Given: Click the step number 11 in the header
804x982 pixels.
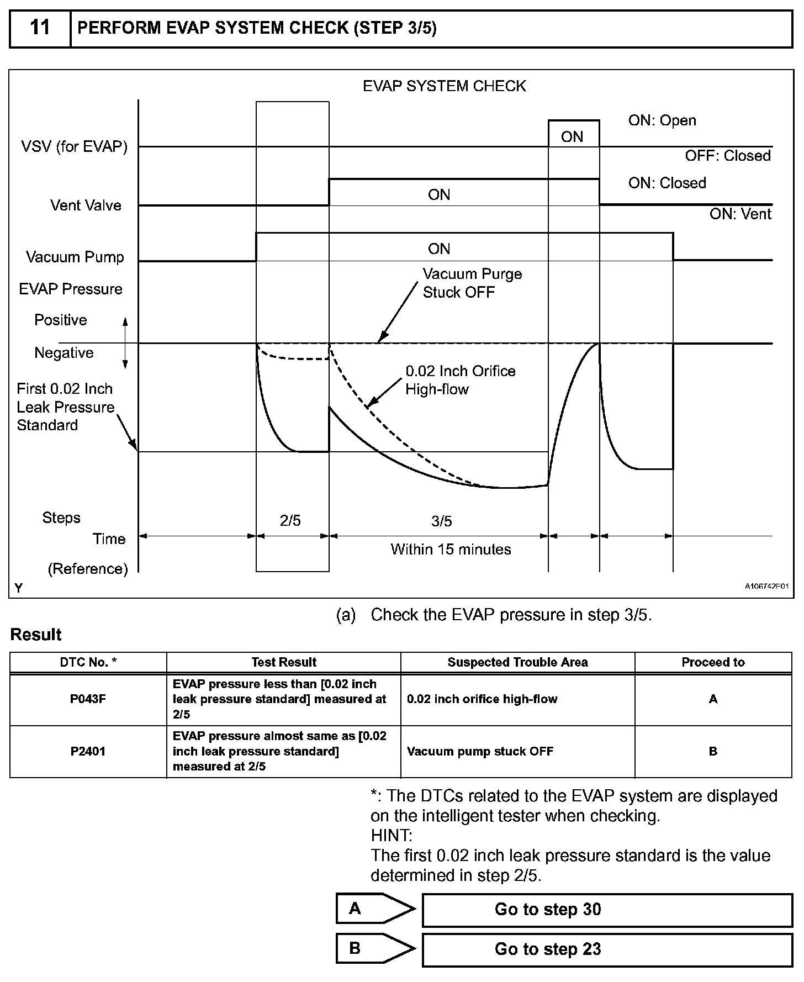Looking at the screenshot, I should [40, 28].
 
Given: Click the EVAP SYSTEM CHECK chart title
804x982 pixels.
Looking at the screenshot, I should [444, 86].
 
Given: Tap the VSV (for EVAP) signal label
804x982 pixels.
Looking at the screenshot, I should [74, 147].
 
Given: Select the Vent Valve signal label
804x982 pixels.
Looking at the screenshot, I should [86, 205].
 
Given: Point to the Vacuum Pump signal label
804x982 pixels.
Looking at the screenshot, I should [75, 257].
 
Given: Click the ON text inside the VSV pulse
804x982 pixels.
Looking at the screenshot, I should [572, 137].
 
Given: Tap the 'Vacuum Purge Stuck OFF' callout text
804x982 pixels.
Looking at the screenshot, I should [472, 283].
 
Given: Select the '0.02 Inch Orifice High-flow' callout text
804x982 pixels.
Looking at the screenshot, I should [460, 380].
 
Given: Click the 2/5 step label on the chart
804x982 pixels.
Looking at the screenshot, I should [290, 521].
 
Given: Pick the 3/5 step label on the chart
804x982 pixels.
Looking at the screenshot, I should [441, 521].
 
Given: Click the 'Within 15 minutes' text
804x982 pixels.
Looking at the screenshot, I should [451, 550].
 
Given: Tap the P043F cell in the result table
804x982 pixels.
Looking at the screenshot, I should [88, 699].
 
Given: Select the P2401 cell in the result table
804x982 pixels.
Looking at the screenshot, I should [88, 751].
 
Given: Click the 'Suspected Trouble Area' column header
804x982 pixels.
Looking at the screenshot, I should [517, 662].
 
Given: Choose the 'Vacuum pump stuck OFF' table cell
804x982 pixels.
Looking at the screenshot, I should [480, 751].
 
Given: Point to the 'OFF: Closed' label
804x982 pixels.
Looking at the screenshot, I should [728, 156].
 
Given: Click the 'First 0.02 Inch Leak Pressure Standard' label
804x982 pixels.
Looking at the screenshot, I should [65, 407].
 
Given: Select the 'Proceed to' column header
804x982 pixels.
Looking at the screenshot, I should [713, 662].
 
